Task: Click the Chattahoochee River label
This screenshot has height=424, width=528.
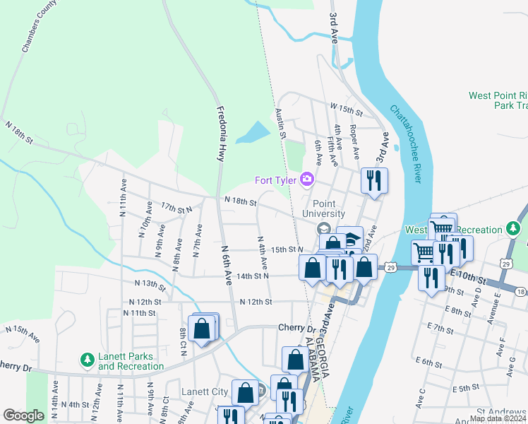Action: (405, 144)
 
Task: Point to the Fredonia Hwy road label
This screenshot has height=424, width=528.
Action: (220, 134)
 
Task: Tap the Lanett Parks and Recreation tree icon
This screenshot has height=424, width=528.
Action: (88, 361)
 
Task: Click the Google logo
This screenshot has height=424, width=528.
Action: (23, 416)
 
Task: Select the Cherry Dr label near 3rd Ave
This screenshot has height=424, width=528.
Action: (296, 328)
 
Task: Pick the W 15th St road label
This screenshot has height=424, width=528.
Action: (346, 112)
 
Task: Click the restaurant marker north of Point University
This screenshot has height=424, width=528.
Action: (374, 180)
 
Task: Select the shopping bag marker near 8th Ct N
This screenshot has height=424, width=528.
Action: (202, 329)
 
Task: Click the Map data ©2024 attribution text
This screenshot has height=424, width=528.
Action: (498, 418)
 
